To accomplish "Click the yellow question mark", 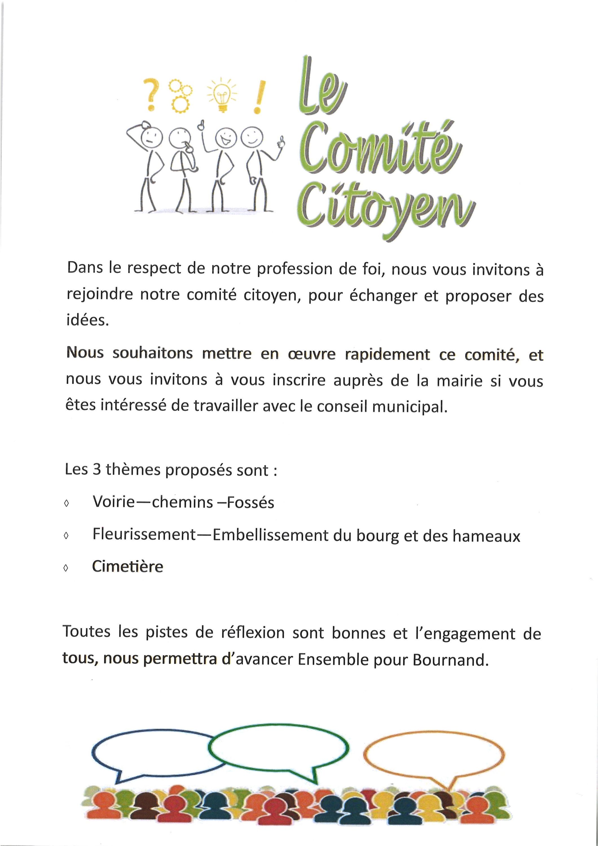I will (151, 94).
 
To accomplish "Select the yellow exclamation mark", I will (259, 97).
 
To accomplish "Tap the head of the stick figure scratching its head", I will (150, 136).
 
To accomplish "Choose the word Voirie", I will (114, 502).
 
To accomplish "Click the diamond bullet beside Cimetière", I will (66, 569).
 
